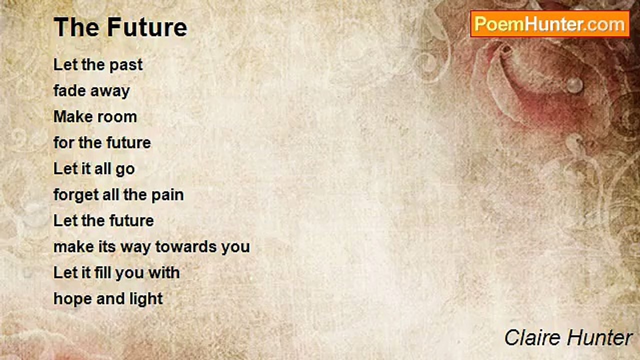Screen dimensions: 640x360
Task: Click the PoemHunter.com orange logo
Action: coord(550,24)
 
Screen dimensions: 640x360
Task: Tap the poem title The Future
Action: coord(120,27)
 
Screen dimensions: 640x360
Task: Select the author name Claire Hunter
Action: coord(568,337)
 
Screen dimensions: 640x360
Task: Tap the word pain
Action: coord(167,195)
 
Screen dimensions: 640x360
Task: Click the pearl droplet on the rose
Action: coord(574,85)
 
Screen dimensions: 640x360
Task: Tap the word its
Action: coord(107,247)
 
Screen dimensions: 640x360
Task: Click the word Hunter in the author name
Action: coord(599,337)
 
